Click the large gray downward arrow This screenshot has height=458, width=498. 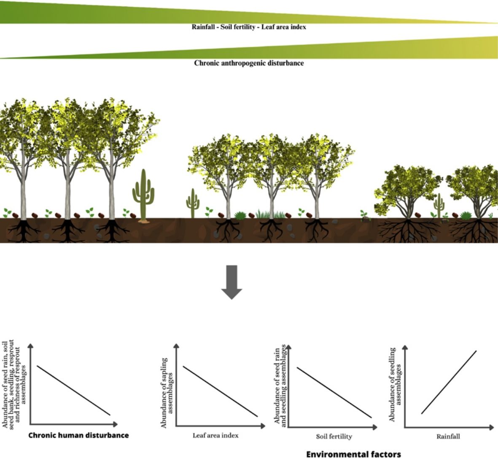tap(232, 282)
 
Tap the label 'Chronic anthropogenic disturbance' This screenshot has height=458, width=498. tap(249, 63)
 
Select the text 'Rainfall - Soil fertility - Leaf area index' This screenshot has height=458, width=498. tap(249, 27)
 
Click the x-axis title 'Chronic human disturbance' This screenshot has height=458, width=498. tap(78, 435)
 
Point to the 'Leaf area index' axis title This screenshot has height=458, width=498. tap(215, 435)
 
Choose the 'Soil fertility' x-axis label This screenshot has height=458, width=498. tap(334, 436)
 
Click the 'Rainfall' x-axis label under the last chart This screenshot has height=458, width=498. tap(448, 436)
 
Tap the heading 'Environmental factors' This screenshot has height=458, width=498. tap(353, 454)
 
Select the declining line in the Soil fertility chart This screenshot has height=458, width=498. tap(334, 393)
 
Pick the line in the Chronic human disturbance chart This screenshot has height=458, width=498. tap(74, 390)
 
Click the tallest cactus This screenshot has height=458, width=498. tap(144, 194)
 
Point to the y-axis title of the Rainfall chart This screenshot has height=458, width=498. tap(395, 384)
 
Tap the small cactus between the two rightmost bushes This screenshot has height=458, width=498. tap(439, 206)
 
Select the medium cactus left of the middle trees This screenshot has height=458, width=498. tap(193, 203)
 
